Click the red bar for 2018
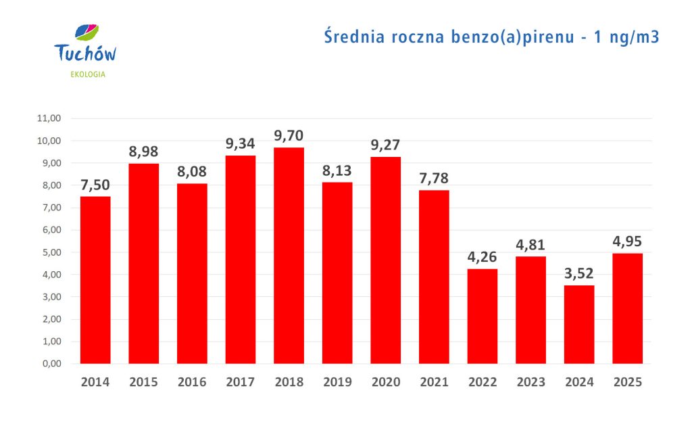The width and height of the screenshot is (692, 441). [x=289, y=256]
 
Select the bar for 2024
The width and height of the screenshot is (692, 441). [x=579, y=325]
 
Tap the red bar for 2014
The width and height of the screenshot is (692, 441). [x=95, y=280]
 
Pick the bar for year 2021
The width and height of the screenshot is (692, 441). [x=434, y=277]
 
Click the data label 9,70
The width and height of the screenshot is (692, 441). [x=289, y=136]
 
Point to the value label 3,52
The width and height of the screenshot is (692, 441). [x=579, y=274]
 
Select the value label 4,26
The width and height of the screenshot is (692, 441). [x=483, y=257]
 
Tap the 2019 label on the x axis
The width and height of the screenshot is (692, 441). [x=337, y=382]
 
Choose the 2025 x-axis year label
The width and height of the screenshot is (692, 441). [x=628, y=382]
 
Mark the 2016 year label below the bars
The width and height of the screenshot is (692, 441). [x=192, y=382]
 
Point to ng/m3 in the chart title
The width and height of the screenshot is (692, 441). [x=633, y=38]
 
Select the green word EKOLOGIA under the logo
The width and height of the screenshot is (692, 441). [x=88, y=74]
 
